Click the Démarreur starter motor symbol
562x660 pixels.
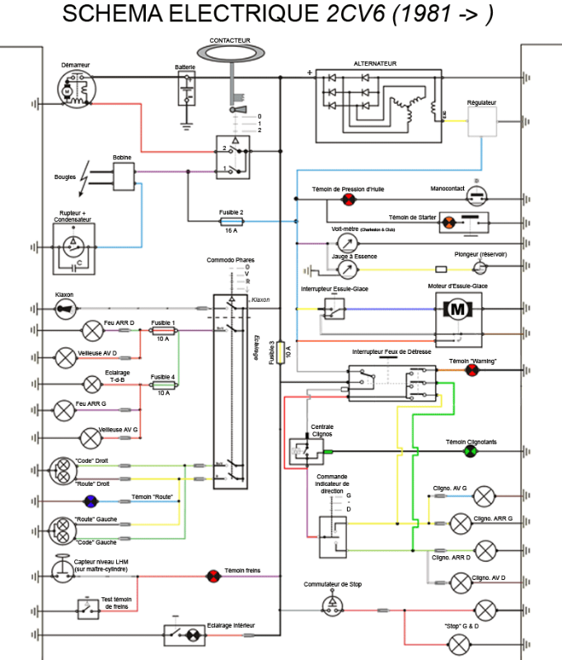[x=75, y=88]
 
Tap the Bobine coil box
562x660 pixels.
[x=124, y=173]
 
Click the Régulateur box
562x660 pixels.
[x=483, y=123]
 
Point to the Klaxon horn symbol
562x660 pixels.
[x=65, y=309]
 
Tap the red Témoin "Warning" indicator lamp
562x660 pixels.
[x=471, y=370]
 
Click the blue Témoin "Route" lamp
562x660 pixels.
[x=91, y=501]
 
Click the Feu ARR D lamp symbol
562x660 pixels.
[x=91, y=330]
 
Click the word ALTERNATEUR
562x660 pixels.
[x=375, y=64]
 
